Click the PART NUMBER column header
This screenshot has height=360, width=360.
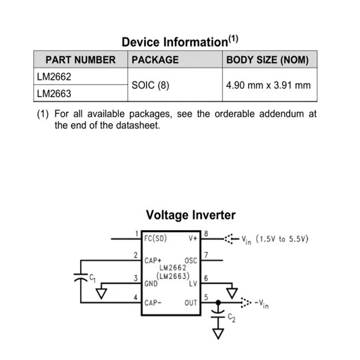tap(81, 60)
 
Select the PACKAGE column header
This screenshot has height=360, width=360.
tap(155, 60)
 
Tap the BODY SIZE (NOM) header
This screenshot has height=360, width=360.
tap(267, 60)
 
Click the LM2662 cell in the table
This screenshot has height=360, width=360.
tap(54, 77)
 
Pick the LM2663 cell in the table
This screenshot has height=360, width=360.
tap(54, 94)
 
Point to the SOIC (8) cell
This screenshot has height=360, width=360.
tap(150, 85)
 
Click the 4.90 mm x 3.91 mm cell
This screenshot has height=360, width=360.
tap(268, 85)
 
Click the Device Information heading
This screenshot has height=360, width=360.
tap(180, 42)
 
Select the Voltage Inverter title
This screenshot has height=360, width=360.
tap(191, 215)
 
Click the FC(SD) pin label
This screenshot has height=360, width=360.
tap(155, 239)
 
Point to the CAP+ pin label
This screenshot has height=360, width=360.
tap(153, 261)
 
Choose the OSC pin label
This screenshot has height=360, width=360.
tap(191, 261)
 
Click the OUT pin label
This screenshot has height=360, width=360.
tap(191, 303)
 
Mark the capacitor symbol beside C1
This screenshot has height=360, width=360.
tap(81, 277)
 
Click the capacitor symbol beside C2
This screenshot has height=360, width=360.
tap(218, 314)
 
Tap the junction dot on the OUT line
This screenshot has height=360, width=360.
tap(218, 302)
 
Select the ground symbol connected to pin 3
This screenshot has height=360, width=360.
tap(101, 294)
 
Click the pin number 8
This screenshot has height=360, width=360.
tap(206, 233)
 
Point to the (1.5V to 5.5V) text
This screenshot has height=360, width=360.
tap(282, 239)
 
